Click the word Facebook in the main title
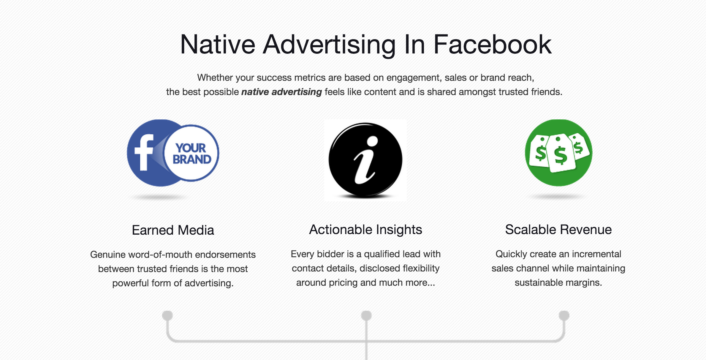click(x=493, y=44)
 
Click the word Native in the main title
click(x=218, y=44)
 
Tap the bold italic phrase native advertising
click(x=281, y=92)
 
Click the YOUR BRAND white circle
click(x=191, y=153)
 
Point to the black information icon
click(x=365, y=160)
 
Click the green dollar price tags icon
click(x=558, y=153)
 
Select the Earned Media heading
click(x=173, y=230)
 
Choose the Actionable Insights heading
click(x=365, y=230)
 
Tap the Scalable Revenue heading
click(x=558, y=230)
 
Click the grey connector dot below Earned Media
click(x=167, y=315)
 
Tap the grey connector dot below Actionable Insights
click(x=366, y=315)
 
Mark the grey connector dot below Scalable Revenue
click(x=564, y=315)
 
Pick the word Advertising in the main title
click(x=329, y=45)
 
